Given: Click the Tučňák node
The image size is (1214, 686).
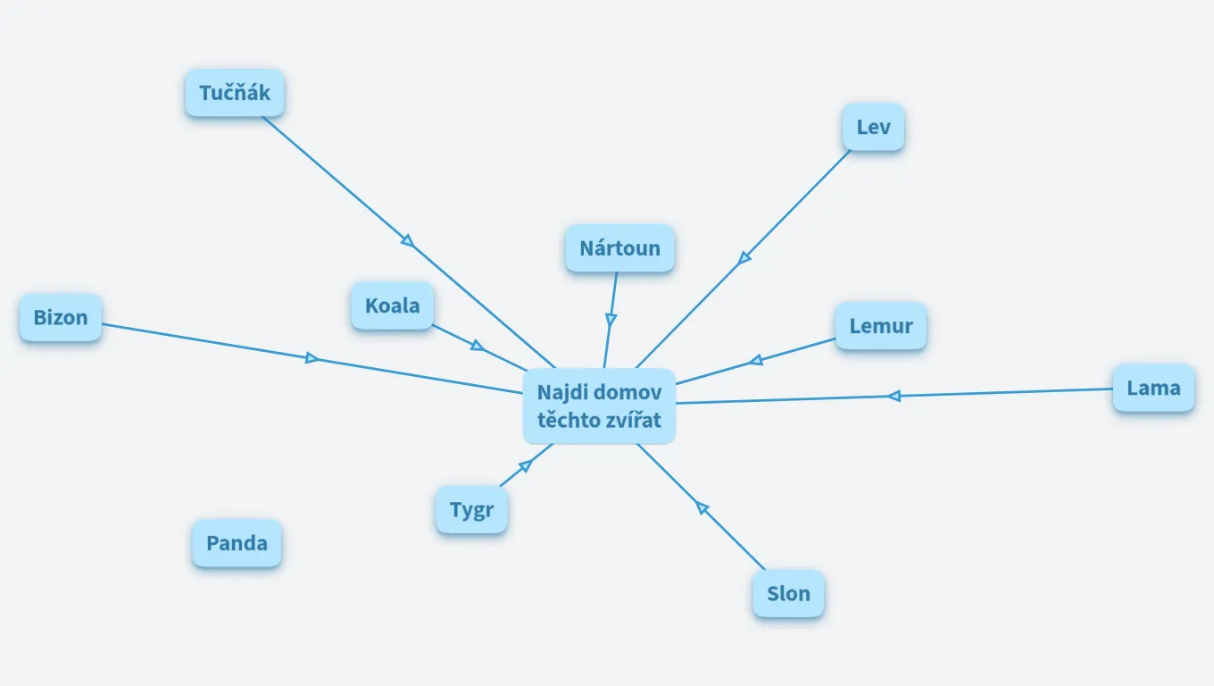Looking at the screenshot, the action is [235, 93].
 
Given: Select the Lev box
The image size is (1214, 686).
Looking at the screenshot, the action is [873, 127].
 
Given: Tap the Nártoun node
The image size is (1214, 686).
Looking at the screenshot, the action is [620, 248].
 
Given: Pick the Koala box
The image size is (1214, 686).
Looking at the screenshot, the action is [393, 305].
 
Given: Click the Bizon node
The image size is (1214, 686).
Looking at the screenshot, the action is [61, 318].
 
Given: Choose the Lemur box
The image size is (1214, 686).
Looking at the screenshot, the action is [881, 326].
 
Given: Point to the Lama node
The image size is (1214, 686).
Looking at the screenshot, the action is [1153, 389].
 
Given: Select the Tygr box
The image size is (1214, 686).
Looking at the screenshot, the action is [471, 510].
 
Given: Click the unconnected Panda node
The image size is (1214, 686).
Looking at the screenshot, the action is [237, 543].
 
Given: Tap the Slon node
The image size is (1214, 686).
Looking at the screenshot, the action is [788, 594].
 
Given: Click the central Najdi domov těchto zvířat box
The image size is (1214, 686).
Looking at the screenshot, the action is [599, 406].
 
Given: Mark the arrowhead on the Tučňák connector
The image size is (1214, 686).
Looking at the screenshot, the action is [408, 240].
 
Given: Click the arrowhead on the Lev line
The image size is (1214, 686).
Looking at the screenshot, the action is [744, 257].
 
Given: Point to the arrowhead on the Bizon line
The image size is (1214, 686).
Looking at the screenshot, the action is [312, 358].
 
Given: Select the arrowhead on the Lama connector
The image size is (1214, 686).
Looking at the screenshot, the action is [894, 397].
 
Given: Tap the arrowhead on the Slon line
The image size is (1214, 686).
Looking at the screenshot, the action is [702, 507].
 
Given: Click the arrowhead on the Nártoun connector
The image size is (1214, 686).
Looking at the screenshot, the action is [611, 320].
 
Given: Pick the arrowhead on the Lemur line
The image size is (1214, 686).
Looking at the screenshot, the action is [756, 360].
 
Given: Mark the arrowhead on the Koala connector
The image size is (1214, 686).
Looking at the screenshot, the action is [477, 346].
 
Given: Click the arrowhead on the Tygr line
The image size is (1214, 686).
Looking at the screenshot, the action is [526, 465].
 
